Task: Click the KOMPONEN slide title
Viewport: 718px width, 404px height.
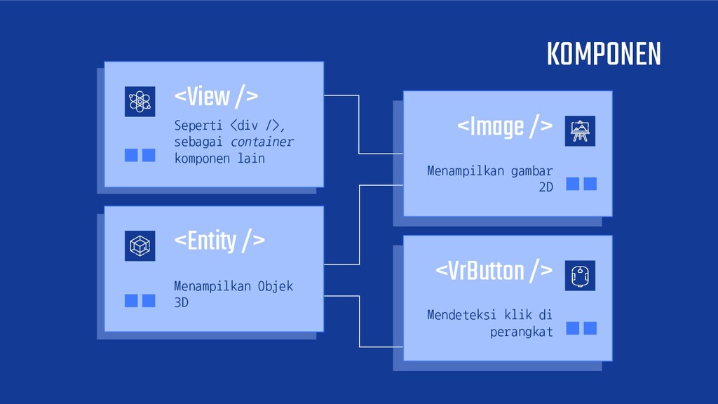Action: click(603, 54)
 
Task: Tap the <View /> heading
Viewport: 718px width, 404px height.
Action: click(216, 97)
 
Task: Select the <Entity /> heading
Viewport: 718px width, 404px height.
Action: click(219, 241)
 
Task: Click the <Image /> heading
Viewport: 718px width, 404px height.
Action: click(504, 126)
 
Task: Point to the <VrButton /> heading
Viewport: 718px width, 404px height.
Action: click(494, 271)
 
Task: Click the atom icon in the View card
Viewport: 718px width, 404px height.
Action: click(140, 101)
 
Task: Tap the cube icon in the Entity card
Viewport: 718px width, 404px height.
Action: click(140, 245)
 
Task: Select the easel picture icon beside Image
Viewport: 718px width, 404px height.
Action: click(580, 130)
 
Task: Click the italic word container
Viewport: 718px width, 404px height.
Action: click(263, 142)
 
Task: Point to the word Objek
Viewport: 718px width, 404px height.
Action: click(276, 286)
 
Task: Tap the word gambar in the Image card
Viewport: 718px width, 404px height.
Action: click(532, 170)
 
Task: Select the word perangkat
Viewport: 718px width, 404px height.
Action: click(522, 331)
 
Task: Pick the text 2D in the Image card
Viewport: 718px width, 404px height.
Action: click(546, 187)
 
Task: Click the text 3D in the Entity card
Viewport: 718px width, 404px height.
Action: click(181, 302)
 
